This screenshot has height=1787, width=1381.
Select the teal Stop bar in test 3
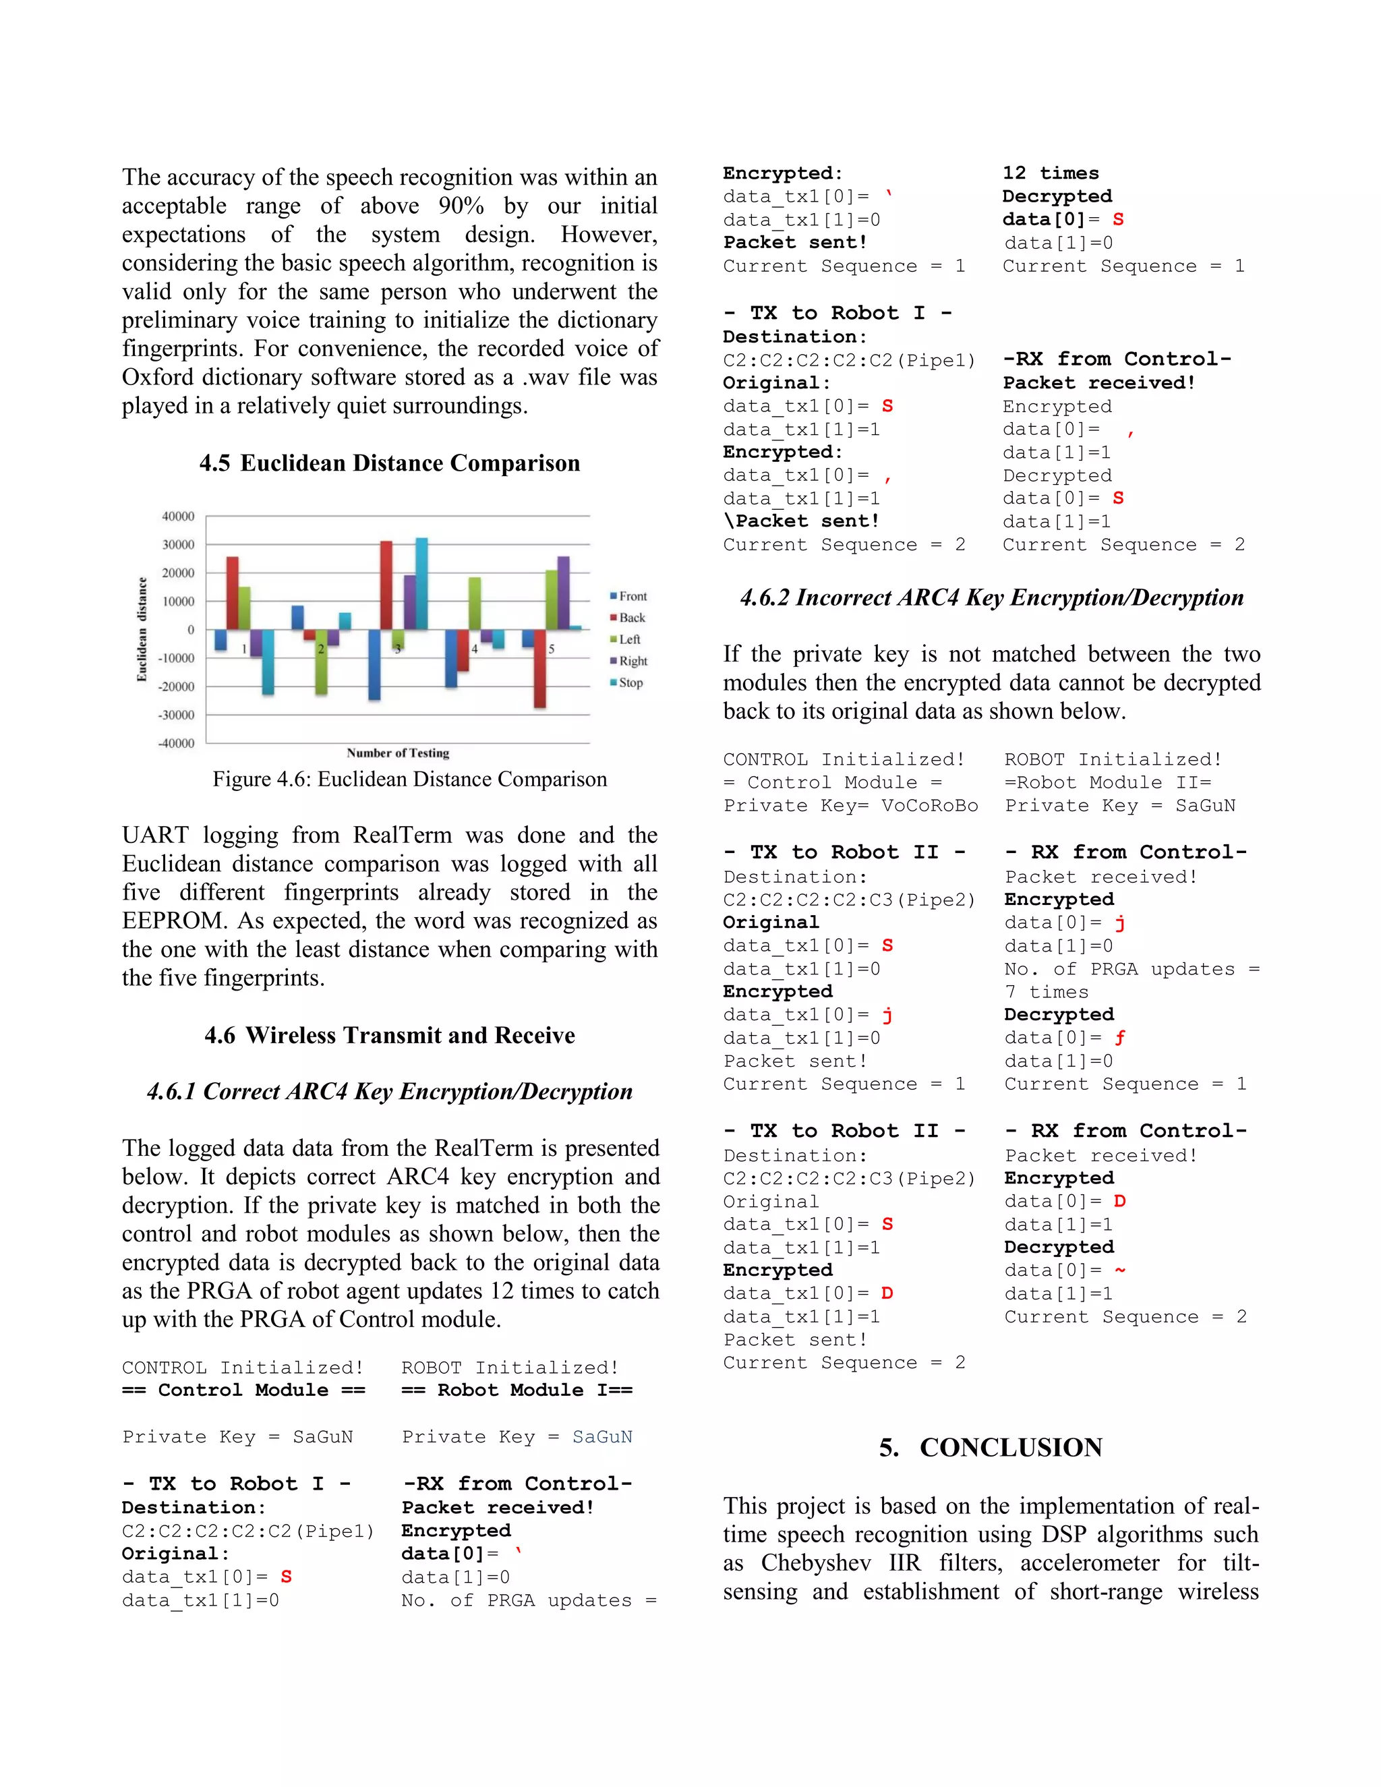click(421, 583)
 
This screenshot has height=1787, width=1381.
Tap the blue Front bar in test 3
click(374, 664)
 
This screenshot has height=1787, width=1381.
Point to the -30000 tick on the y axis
click(177, 714)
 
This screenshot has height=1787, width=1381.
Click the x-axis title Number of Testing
click(398, 753)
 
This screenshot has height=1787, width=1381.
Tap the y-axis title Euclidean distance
click(142, 629)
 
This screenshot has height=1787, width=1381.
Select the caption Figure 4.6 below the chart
click(410, 779)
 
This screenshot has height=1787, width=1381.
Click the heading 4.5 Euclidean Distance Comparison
click(390, 463)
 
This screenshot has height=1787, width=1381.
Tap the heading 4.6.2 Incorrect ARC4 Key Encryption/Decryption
click(991, 597)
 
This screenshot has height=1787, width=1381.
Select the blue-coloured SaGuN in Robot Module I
click(602, 1437)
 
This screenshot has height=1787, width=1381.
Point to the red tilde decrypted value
click(1119, 1270)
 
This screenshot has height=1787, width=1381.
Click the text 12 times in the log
click(1051, 173)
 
